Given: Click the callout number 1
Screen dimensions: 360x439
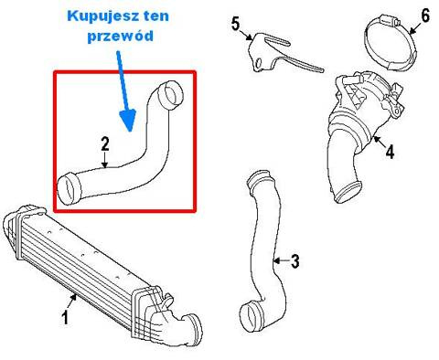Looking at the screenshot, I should [x=65, y=318].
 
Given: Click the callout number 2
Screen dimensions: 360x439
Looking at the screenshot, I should [x=105, y=143].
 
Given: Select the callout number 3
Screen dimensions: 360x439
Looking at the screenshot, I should [x=294, y=261].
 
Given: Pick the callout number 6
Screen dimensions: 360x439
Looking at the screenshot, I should [x=425, y=16].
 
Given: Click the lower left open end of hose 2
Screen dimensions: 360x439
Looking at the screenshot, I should [x=67, y=189].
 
